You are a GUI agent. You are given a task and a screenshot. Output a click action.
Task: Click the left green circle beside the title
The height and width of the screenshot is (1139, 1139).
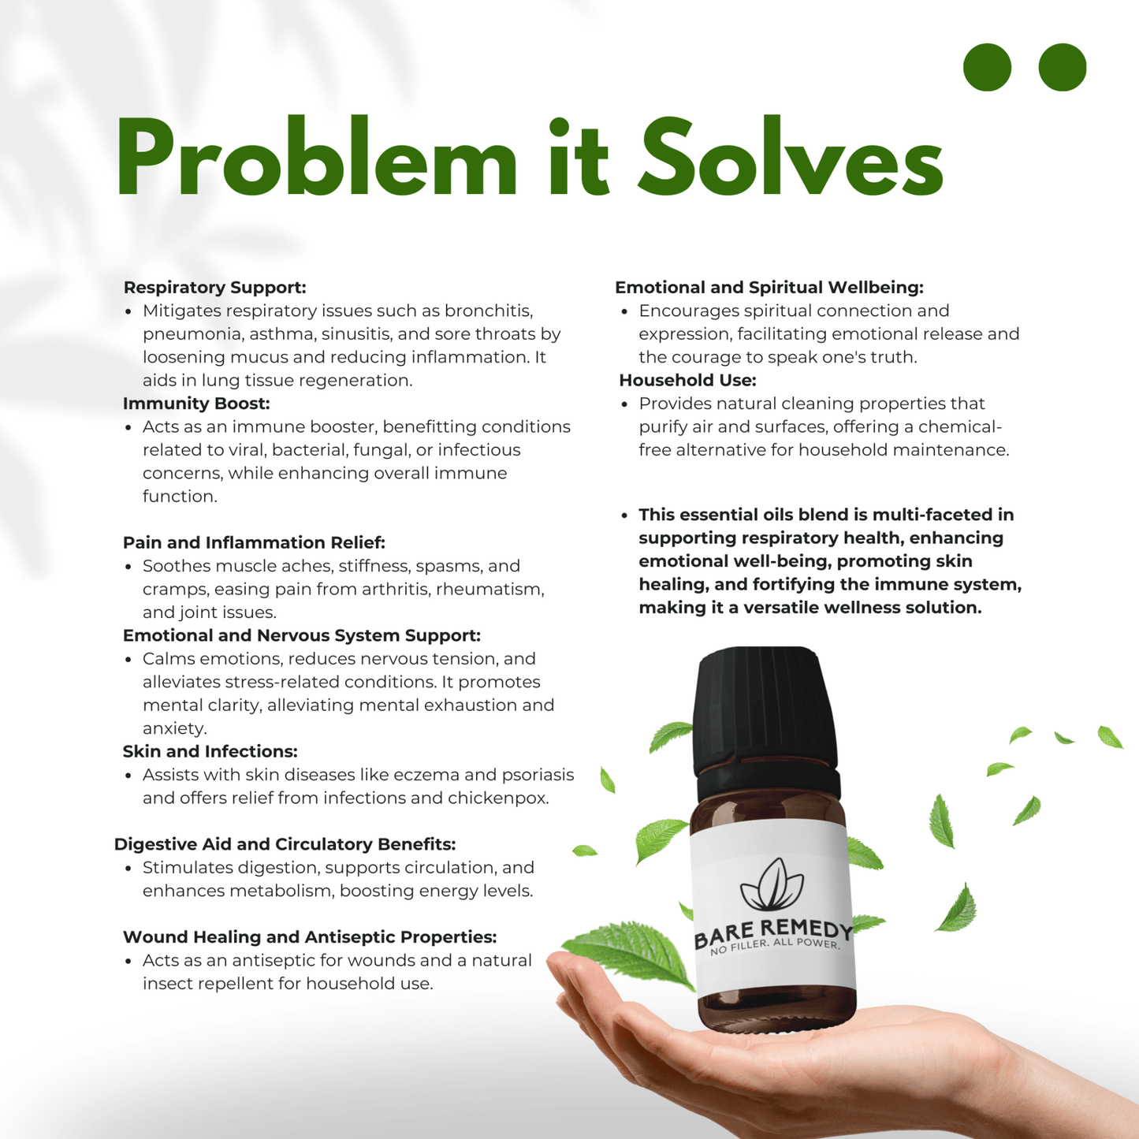coord(987,67)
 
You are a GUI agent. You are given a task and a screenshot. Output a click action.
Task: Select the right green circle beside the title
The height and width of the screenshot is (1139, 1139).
coord(1063,67)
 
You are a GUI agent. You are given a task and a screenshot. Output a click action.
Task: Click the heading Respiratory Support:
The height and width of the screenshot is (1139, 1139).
coord(214,288)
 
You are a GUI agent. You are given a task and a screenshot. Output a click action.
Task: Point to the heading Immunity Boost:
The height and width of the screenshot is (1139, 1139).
coord(196,404)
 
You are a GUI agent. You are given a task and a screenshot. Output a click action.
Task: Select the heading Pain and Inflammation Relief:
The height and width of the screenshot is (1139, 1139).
coord(254,543)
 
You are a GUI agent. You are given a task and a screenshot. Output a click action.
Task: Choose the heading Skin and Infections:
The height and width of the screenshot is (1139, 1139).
coord(210,752)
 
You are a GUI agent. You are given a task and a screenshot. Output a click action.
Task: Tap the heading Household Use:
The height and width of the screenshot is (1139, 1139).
coord(687,381)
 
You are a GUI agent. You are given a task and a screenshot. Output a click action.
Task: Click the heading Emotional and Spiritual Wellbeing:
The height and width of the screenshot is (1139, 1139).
coord(769,288)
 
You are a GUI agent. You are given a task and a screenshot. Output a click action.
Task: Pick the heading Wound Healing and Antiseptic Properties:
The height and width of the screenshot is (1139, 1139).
coord(310,937)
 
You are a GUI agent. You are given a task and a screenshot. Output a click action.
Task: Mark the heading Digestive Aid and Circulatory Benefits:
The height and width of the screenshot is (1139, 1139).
coord(285,845)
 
